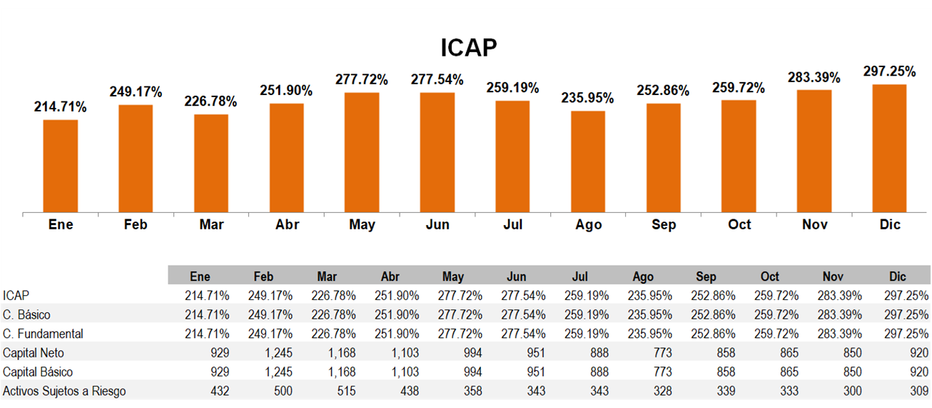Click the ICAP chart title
tap(468, 47)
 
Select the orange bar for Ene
tap(61, 166)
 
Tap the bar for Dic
tap(889, 149)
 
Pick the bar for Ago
tap(588, 161)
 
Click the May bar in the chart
tap(362, 152)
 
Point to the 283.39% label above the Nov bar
tap(814, 77)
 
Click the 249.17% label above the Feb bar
tap(136, 91)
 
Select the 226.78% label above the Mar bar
tap(211, 101)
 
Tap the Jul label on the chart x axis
tap(512, 224)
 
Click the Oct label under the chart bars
tap(739, 224)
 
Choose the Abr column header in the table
tap(390, 277)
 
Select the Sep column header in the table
tap(706, 277)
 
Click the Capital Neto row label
tap(33, 353)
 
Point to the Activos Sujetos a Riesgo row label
tap(64, 391)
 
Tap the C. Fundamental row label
tap(43, 334)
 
